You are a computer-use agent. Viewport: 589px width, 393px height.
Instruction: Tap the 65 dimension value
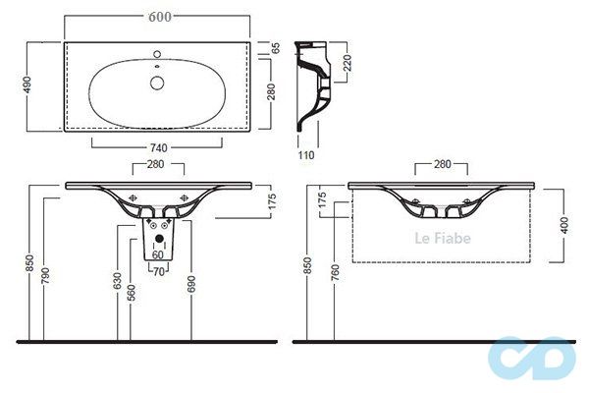click(x=276, y=47)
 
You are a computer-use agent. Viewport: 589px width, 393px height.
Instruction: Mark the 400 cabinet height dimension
click(x=563, y=225)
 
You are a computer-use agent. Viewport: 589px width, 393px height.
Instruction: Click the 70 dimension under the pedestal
click(x=157, y=272)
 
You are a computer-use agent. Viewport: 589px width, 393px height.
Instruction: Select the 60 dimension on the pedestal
click(x=157, y=254)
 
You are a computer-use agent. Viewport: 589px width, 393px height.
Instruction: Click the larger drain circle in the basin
click(x=157, y=82)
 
